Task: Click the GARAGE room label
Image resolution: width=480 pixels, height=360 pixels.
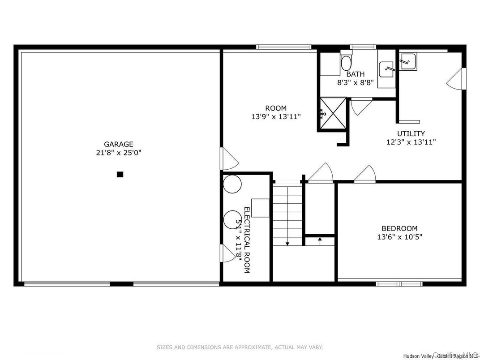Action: pyautogui.click(x=119, y=144)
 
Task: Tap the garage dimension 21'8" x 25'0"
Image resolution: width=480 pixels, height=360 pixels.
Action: pyautogui.click(x=119, y=152)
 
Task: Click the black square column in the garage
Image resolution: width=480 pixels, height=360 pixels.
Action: pyautogui.click(x=120, y=175)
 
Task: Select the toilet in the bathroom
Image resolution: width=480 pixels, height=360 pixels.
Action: pyautogui.click(x=347, y=61)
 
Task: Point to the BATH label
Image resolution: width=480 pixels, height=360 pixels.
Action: pyautogui.click(x=355, y=74)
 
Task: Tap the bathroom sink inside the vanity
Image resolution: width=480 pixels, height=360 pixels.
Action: pyautogui.click(x=386, y=69)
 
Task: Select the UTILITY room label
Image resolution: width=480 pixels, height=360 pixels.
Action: pyautogui.click(x=411, y=133)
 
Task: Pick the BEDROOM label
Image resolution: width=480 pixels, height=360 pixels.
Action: pyautogui.click(x=399, y=228)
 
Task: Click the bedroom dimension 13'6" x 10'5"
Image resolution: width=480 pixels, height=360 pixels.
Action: pyautogui.click(x=399, y=236)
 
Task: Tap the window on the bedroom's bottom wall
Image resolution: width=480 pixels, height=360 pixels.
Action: pyautogui.click(x=399, y=283)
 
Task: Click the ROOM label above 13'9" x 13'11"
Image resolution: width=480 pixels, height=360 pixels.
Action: pyautogui.click(x=276, y=108)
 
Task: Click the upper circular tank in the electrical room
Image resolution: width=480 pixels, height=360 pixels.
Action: pyautogui.click(x=232, y=184)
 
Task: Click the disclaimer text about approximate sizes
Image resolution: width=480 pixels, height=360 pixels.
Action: pyautogui.click(x=240, y=347)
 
